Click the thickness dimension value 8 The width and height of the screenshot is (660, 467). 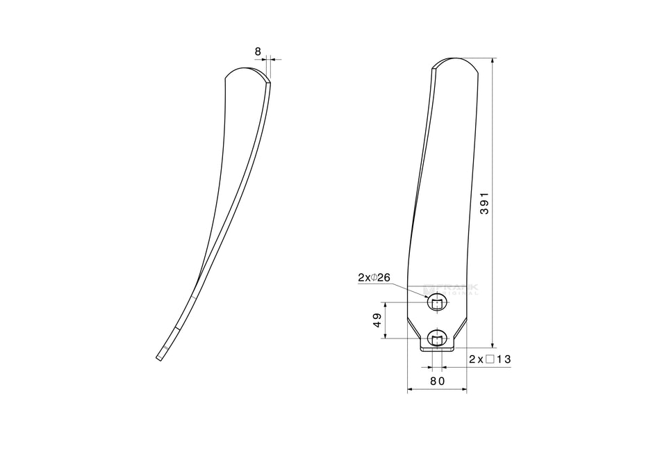[258, 51]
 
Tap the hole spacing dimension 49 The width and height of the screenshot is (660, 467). [377, 320]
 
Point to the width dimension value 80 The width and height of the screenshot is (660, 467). [437, 381]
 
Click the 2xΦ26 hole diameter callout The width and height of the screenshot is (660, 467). [374, 277]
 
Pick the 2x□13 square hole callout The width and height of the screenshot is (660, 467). [490, 359]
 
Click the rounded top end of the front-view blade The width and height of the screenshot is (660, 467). [456, 61]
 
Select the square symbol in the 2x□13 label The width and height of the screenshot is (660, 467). [490, 359]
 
